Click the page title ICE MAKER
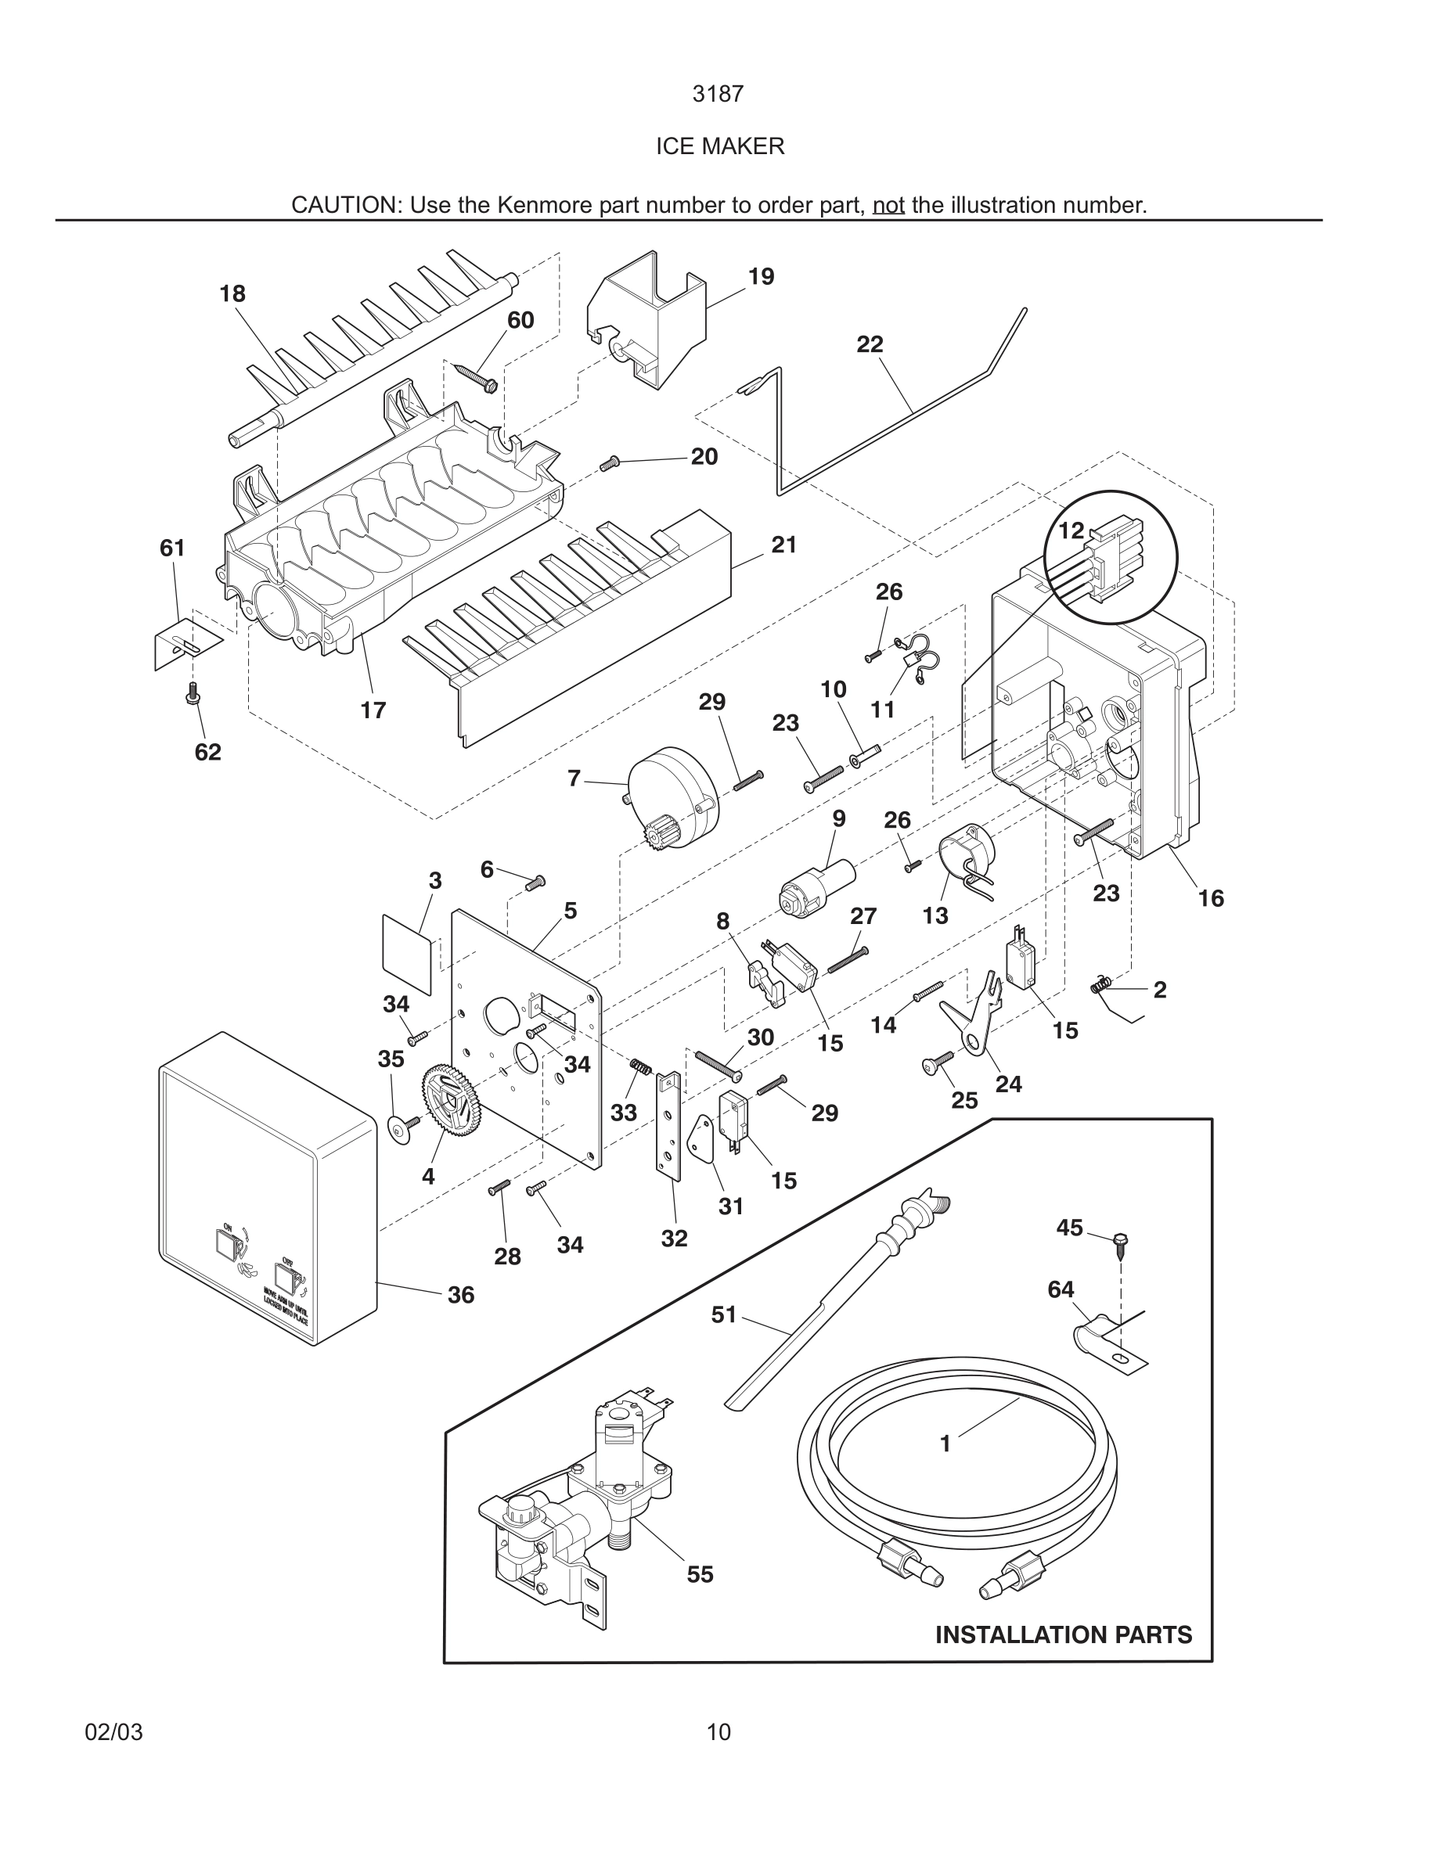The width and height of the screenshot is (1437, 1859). [x=719, y=146]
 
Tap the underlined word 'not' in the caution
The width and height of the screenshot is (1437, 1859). [x=888, y=205]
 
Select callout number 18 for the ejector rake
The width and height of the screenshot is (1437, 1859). [x=232, y=293]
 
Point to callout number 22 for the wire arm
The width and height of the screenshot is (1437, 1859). [x=870, y=345]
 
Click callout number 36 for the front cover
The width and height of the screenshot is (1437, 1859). [x=460, y=1295]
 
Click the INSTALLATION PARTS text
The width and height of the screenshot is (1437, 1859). [x=1064, y=1635]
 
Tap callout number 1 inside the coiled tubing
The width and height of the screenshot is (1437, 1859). [x=944, y=1444]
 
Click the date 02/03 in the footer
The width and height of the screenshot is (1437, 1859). [x=113, y=1732]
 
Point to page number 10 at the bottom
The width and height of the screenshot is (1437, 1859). [x=718, y=1732]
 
